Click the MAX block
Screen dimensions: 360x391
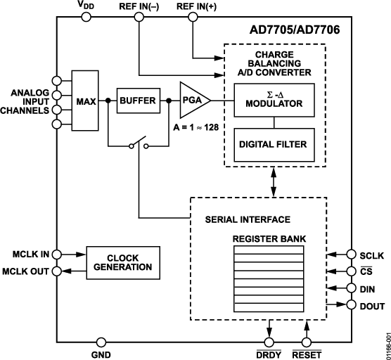coord(86,100)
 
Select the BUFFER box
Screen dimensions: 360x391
coord(137,101)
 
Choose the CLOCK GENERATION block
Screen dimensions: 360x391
coord(123,262)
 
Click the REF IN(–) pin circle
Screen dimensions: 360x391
coord(139,17)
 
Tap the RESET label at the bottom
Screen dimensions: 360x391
coord(306,354)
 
